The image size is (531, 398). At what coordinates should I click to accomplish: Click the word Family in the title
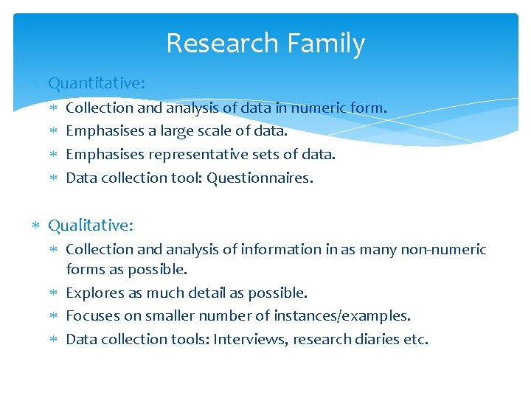(x=324, y=44)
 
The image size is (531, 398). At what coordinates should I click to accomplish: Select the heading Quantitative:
(x=97, y=83)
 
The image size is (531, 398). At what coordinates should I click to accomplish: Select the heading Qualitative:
(x=91, y=225)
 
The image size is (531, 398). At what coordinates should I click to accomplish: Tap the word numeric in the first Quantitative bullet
(x=319, y=108)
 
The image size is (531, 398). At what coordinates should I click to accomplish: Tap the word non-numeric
(x=443, y=249)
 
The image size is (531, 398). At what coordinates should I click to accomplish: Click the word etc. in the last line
(x=414, y=339)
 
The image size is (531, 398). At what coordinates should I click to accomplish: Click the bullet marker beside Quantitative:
(x=37, y=83)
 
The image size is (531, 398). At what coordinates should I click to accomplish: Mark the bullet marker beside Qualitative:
(x=37, y=225)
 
